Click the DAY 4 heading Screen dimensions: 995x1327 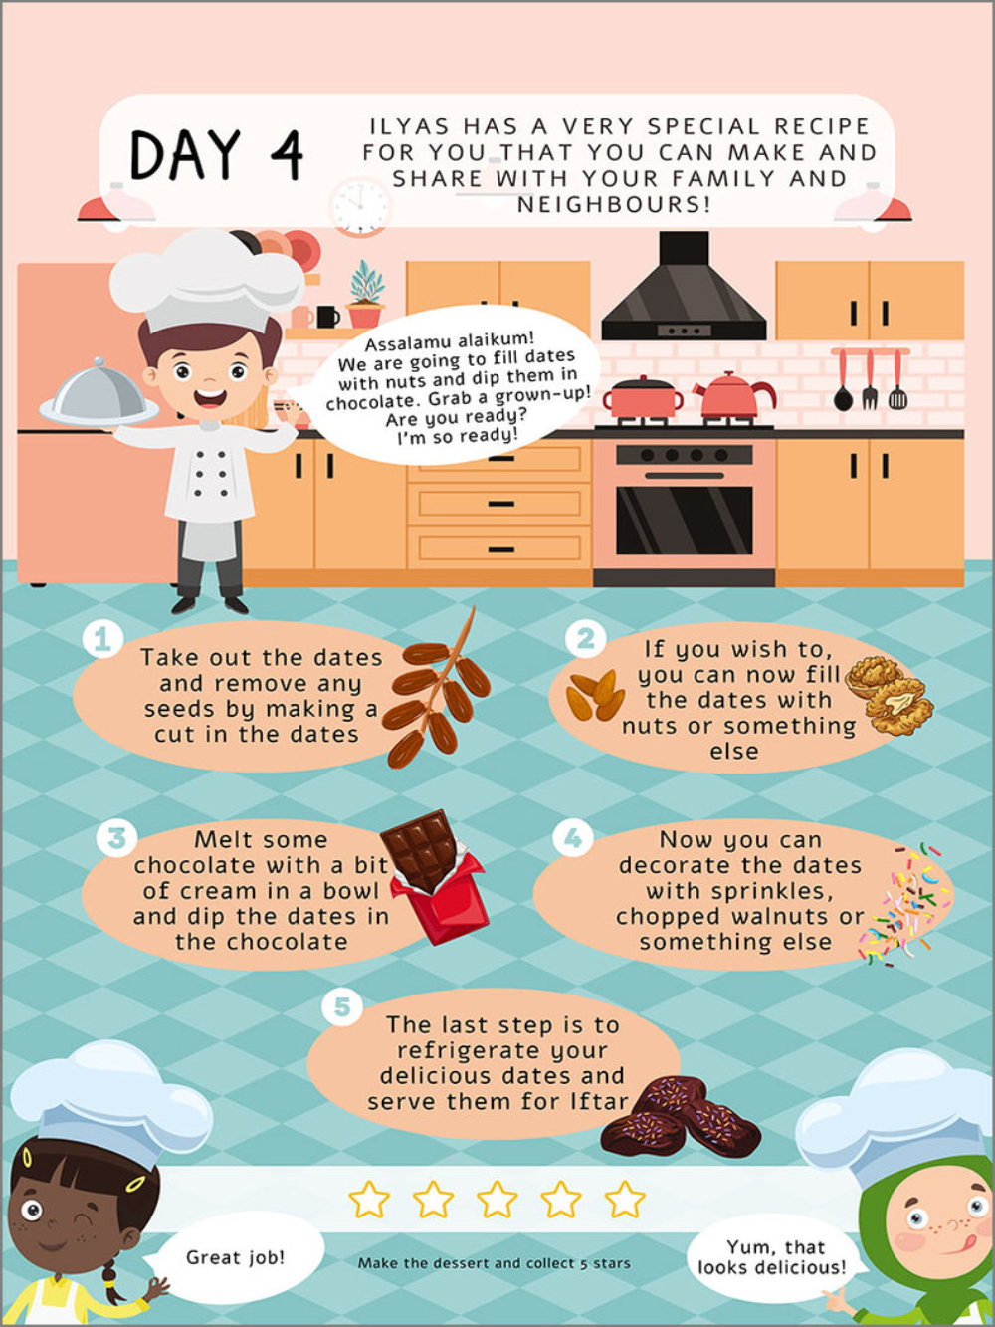216,155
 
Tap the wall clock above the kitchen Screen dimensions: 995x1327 360,206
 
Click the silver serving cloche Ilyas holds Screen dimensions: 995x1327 99,393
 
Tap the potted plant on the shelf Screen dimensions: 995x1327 366,295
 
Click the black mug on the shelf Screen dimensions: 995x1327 327,317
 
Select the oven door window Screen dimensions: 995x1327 685,520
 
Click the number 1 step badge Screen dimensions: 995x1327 102,639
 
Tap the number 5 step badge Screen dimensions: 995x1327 342,1006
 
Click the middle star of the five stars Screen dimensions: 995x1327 497,1199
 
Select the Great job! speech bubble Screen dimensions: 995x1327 235,1257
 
